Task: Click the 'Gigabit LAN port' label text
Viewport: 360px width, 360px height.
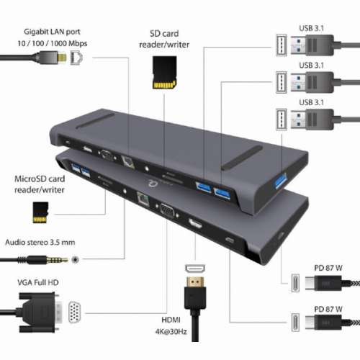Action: pos(52,32)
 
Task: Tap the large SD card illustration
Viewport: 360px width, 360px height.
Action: pos(165,73)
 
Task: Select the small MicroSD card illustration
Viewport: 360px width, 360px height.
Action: pos(40,212)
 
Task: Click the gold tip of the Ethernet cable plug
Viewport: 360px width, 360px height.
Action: pos(62,58)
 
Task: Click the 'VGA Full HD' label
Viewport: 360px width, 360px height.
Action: pos(38,282)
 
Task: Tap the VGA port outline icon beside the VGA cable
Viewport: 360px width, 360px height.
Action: pos(75,312)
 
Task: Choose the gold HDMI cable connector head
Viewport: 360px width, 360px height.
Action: pos(195,282)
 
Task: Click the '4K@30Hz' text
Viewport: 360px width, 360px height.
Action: pos(171,332)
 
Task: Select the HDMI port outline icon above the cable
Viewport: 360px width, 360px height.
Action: pos(195,269)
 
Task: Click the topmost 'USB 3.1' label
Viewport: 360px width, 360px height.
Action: pos(311,28)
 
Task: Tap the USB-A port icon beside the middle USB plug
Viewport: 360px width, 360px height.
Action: pos(282,82)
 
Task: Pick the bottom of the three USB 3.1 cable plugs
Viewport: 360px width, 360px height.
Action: pos(312,120)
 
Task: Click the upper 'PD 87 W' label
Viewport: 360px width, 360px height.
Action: pos(328,268)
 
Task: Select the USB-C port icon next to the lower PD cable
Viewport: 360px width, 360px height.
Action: pos(295,323)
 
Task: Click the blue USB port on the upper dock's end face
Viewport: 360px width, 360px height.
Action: pos(281,181)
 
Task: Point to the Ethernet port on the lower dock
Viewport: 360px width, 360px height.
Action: pos(143,199)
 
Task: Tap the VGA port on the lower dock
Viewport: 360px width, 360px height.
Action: pos(167,210)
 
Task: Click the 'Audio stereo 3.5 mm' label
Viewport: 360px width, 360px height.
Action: pos(40,242)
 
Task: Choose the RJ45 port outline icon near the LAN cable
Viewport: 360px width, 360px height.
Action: pos(77,58)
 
